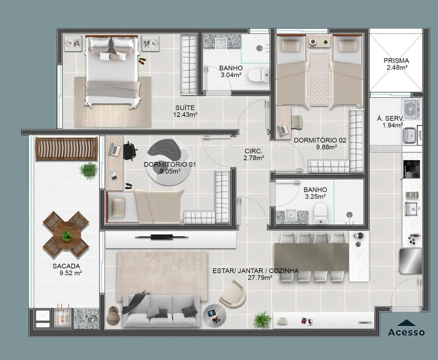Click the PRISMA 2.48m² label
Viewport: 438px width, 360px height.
coord(396,64)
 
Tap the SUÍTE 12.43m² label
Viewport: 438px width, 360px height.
coord(185,111)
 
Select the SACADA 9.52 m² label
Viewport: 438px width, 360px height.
coord(67,270)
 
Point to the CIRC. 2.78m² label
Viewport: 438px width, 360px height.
coord(254,154)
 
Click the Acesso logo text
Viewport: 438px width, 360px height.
coord(407,332)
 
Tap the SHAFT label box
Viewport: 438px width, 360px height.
coord(419,135)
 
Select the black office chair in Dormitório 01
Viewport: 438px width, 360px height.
coord(130,151)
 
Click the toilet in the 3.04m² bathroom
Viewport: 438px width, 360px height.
coord(259,75)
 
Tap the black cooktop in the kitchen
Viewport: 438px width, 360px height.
coord(411,169)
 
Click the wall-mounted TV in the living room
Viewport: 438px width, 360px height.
coord(162,237)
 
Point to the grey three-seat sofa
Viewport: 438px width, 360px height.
coord(162,310)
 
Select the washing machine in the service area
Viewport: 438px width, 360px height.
coord(411,109)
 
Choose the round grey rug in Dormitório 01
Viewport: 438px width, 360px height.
coord(169,161)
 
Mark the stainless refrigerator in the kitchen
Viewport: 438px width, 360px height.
coord(410,261)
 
